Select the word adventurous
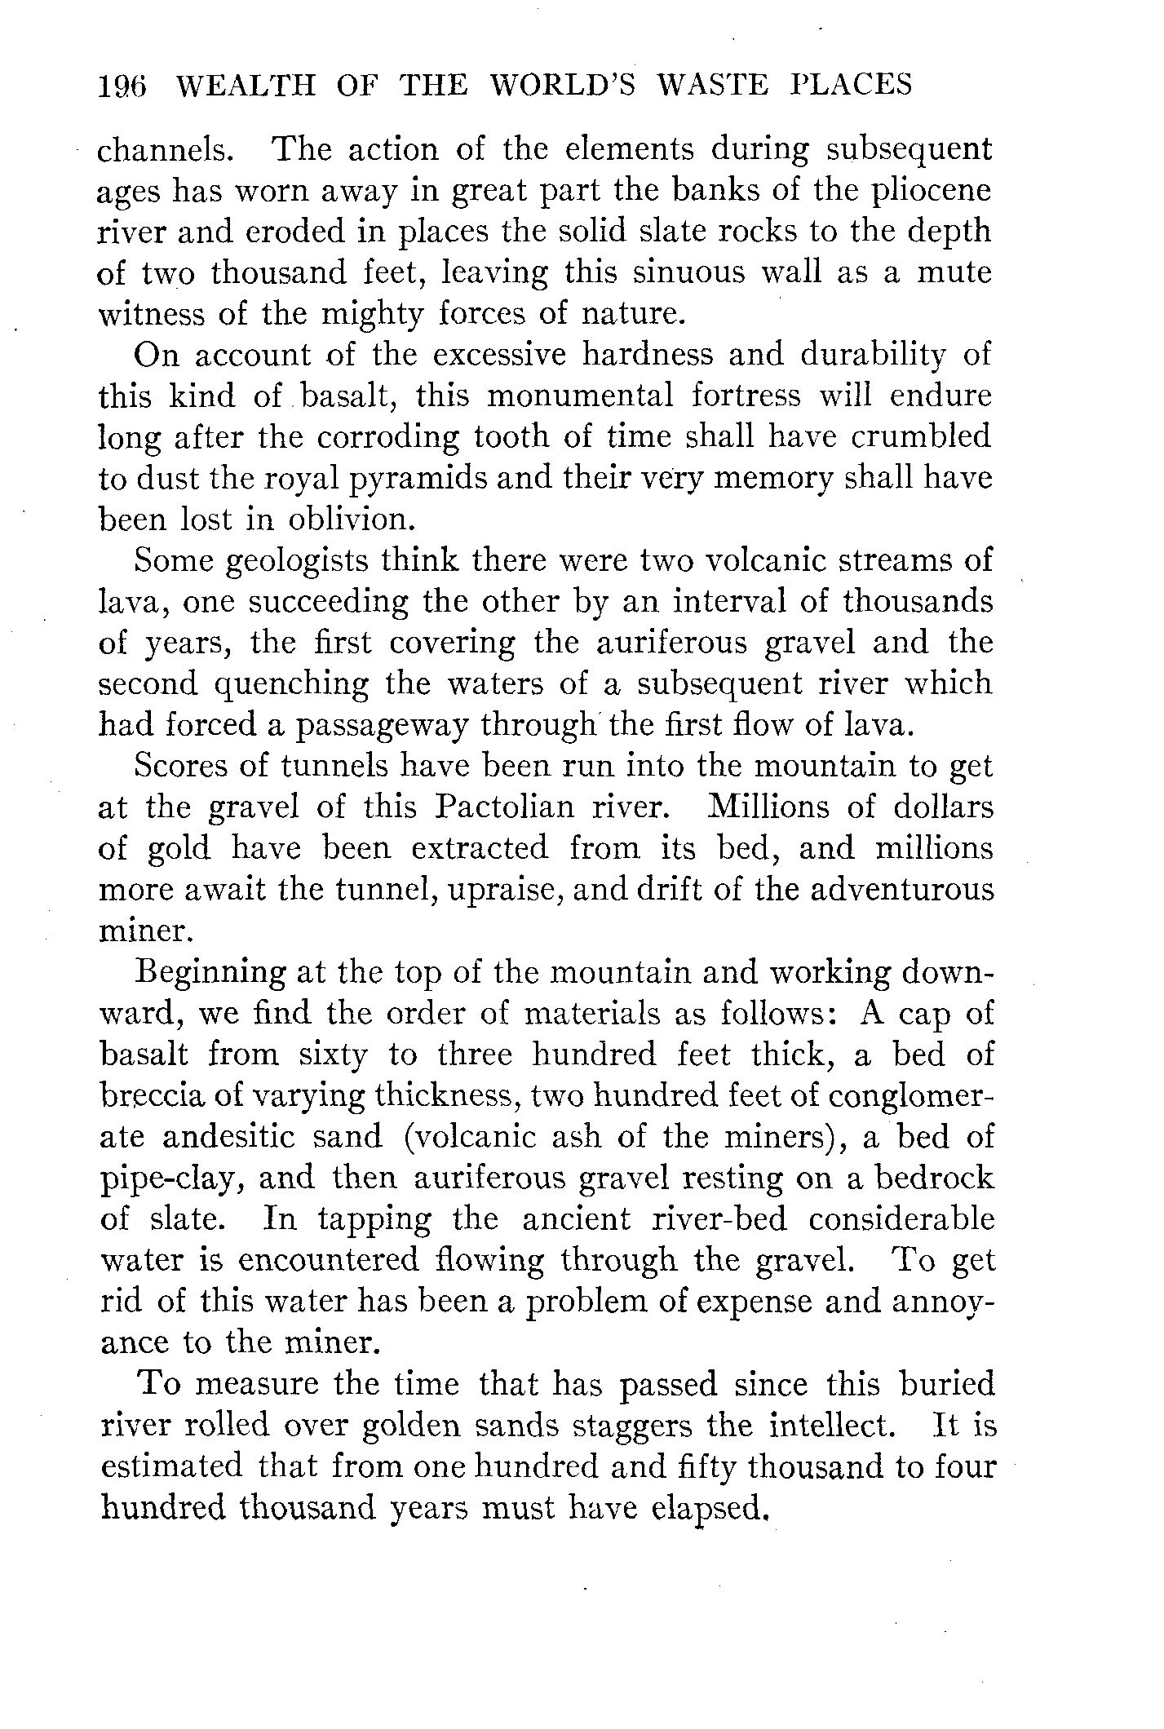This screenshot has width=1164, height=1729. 902,890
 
